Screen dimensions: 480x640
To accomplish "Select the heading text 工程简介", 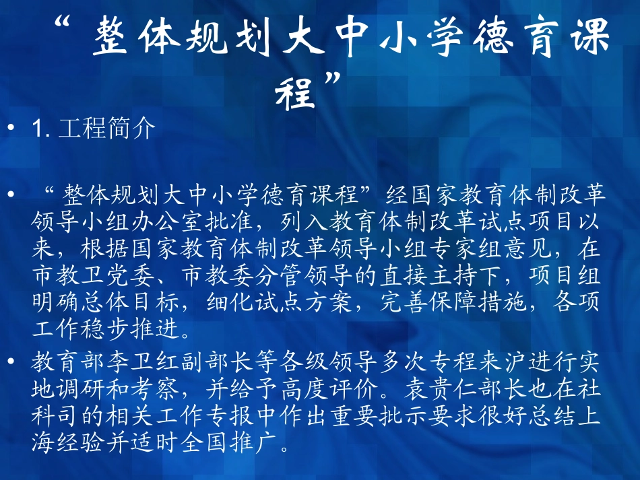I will tap(108, 128).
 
